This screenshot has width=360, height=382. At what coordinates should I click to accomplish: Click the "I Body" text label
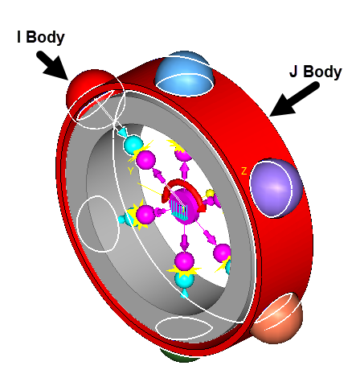41,37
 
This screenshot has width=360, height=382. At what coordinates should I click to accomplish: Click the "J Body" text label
316,72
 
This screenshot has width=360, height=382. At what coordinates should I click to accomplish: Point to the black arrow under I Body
53,66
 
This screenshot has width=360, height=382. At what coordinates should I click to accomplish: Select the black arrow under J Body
294,100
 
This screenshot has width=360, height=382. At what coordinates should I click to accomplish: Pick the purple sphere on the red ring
276,187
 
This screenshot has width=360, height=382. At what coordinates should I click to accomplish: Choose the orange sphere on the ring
279,319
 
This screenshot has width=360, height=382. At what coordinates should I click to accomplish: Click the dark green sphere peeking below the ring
180,355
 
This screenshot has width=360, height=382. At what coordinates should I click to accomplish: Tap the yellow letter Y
130,171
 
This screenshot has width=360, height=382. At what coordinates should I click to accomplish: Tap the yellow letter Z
243,171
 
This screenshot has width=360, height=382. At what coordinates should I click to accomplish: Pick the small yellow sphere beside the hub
211,193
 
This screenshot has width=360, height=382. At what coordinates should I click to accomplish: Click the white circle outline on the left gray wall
98,224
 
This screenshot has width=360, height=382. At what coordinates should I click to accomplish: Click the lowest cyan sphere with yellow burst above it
184,279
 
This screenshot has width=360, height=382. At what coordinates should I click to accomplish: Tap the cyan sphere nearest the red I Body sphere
133,145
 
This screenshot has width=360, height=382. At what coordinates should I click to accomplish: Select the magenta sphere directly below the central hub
184,261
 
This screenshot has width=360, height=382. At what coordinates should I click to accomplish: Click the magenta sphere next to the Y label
145,160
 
